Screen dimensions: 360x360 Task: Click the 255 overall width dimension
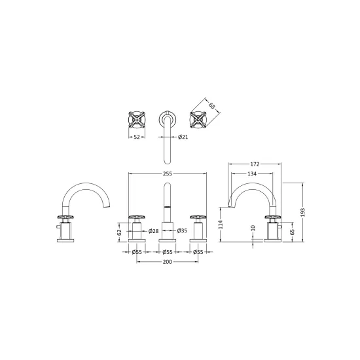point(168,174)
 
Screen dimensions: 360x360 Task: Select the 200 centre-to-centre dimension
point(168,262)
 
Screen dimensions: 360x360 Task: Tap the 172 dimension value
point(255,164)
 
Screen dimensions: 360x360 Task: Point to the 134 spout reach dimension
point(252,174)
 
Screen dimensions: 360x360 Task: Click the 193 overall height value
point(303,212)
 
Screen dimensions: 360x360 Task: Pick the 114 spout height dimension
point(221,225)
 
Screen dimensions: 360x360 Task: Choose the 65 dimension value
point(292,232)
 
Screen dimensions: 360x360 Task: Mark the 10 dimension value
point(253,228)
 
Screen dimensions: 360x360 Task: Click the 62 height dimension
point(119,232)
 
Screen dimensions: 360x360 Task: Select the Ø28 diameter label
point(153,231)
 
